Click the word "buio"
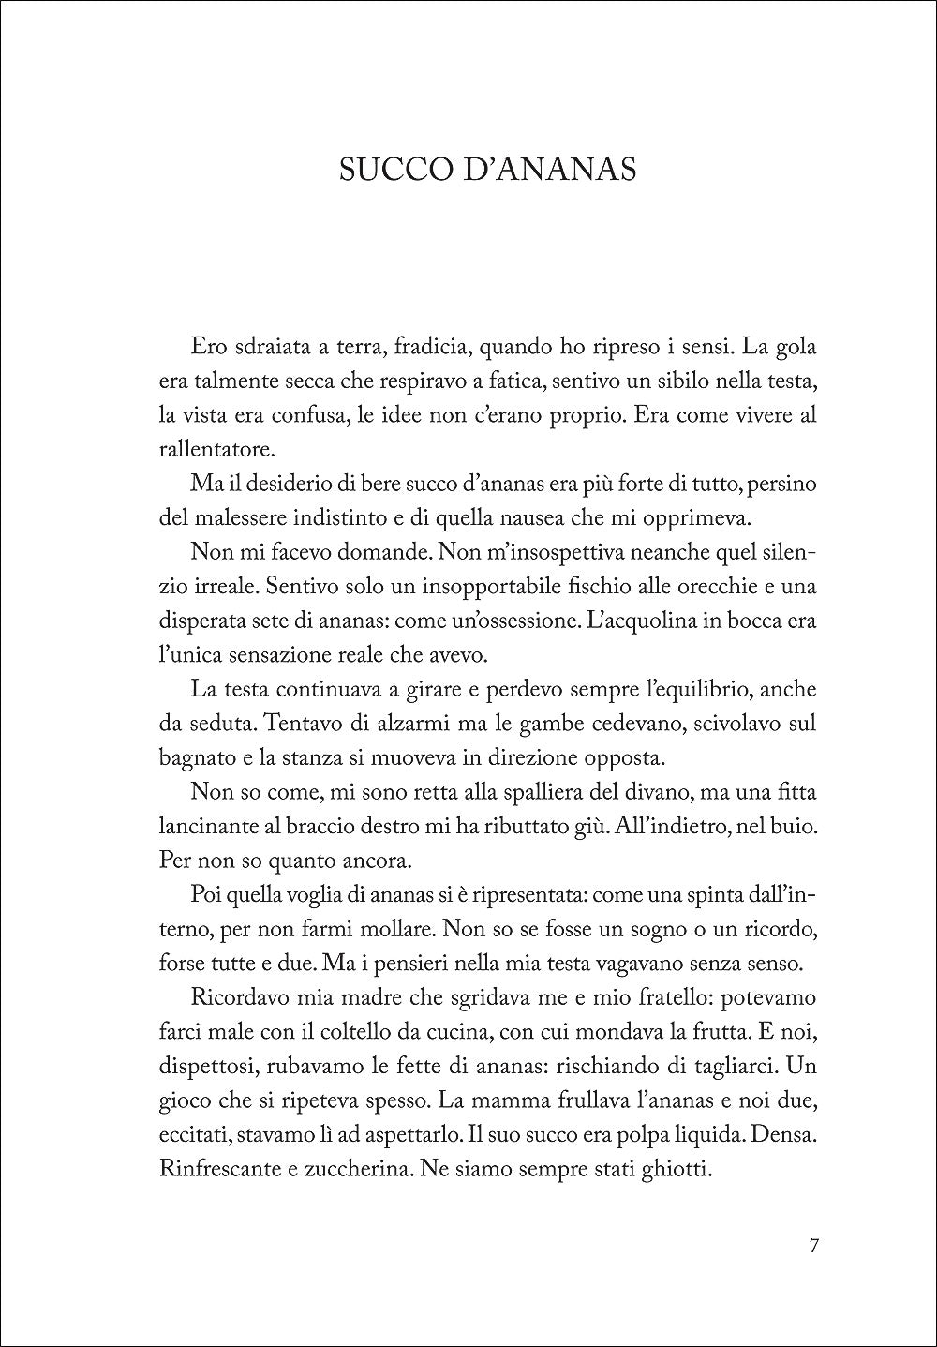pyautogui.click(x=792, y=826)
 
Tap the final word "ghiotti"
pyautogui.click(x=678, y=1169)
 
